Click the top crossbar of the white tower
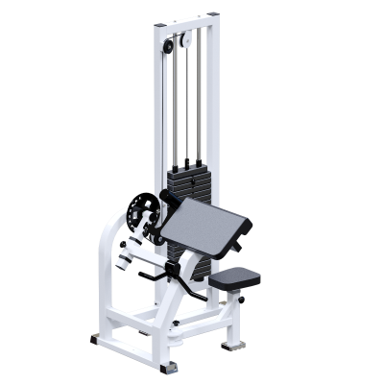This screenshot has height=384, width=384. coord(182,18)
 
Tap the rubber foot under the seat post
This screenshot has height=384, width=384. coord(228,342)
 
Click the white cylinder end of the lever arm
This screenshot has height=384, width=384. coord(125,255)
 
